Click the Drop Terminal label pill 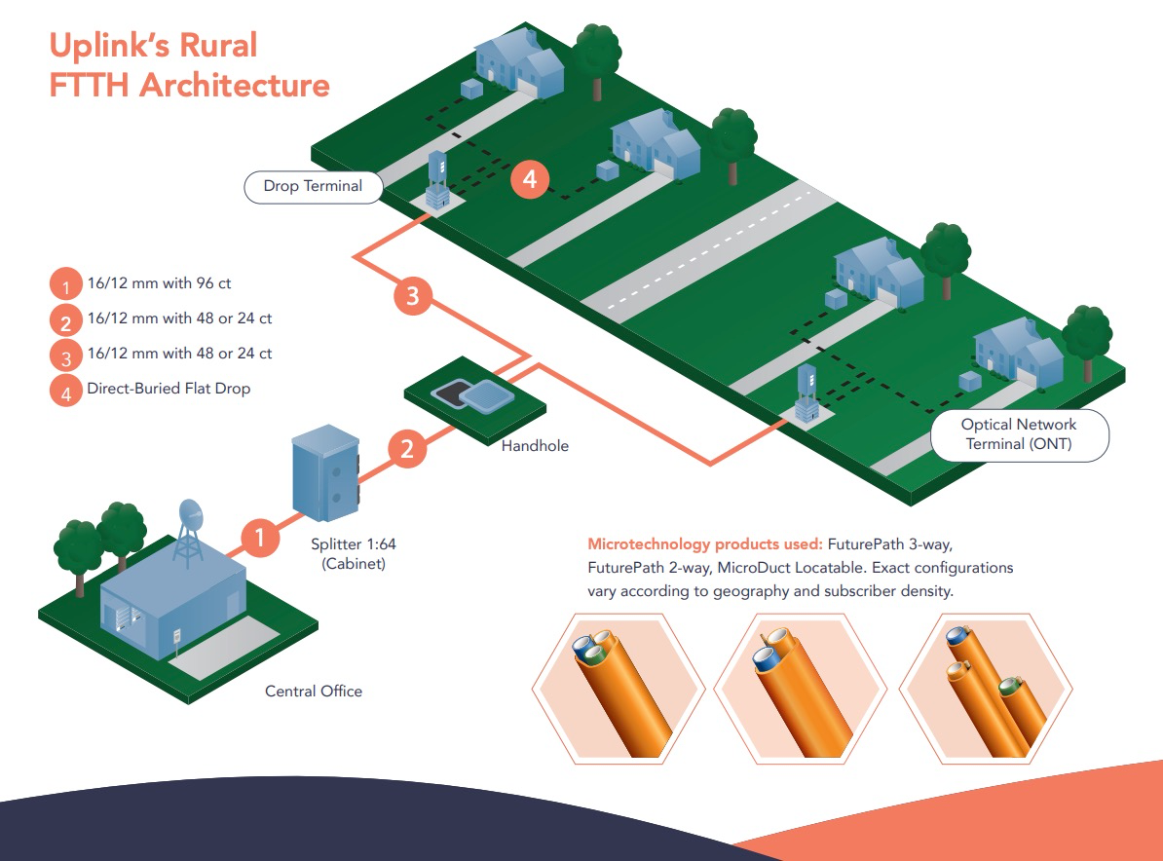313,186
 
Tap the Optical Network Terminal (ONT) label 1019,434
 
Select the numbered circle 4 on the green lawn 530,178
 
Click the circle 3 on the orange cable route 413,295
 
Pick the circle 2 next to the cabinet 407,449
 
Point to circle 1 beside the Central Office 260,537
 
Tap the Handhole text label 535,446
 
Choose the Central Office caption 314,692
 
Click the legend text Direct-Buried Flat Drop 169,389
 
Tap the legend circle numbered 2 65,321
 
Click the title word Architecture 234,85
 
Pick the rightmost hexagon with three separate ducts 985,689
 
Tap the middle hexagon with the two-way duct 801,689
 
